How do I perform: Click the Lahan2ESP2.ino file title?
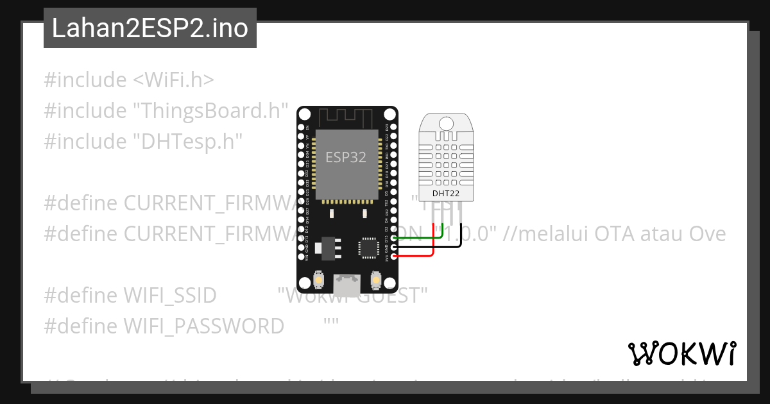(x=150, y=28)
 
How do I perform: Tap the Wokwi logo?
(x=681, y=353)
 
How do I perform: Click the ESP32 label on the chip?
(x=346, y=157)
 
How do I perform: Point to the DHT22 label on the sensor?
(x=446, y=193)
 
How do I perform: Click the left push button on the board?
(x=318, y=280)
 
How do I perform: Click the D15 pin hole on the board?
(x=393, y=239)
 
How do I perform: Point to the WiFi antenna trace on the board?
(x=346, y=117)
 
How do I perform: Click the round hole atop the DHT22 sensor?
(x=446, y=122)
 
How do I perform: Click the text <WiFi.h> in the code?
(x=173, y=80)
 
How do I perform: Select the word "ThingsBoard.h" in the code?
(x=209, y=110)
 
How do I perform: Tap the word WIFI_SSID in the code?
(x=169, y=296)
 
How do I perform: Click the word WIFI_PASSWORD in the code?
(x=203, y=326)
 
